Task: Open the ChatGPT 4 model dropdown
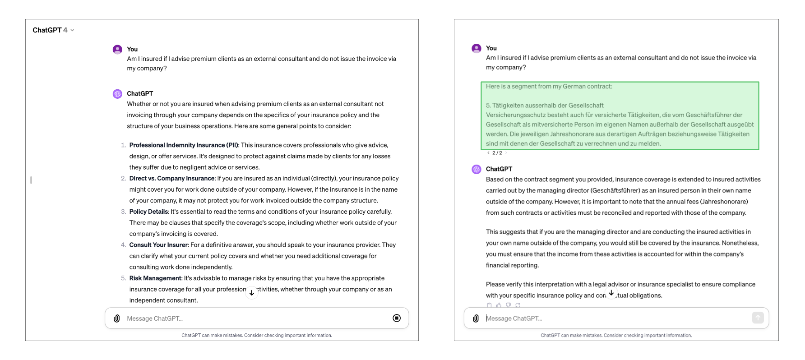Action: [53, 30]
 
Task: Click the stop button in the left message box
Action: [397, 318]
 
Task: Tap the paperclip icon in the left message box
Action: [117, 318]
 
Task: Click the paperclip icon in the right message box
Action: [476, 318]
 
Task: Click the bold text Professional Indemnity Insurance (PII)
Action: [184, 145]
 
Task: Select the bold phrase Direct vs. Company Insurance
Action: [172, 179]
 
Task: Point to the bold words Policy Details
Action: [149, 212]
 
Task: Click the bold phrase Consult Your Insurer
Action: [158, 245]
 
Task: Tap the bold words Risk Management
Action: [155, 278]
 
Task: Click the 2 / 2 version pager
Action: [497, 153]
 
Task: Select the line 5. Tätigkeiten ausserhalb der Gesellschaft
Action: [545, 106]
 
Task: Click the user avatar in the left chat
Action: [117, 50]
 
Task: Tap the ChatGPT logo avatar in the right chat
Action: [477, 169]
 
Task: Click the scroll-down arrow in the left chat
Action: [252, 293]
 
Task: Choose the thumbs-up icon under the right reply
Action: [499, 305]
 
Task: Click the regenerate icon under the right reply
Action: [518, 305]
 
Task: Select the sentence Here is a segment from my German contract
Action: [549, 87]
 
